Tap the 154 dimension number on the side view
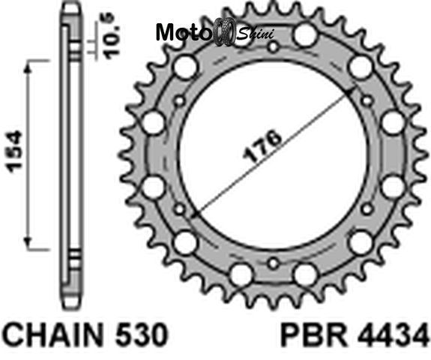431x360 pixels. tap(15, 151)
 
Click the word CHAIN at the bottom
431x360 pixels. tap(55, 334)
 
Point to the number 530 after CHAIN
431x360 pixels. tap(142, 334)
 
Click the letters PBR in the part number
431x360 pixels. tap(313, 335)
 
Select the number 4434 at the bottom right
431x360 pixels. tap(393, 335)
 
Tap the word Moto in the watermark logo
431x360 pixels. tap(183, 32)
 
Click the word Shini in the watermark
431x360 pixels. tap(256, 34)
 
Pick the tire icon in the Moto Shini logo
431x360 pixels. tap(224, 31)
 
